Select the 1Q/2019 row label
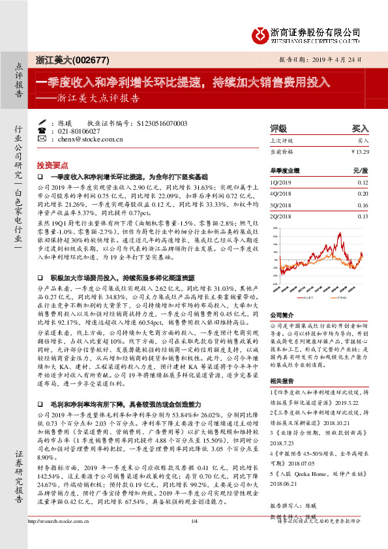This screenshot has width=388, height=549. pyautogui.click(x=281, y=183)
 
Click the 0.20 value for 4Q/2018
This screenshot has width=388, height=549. pyautogui.click(x=363, y=194)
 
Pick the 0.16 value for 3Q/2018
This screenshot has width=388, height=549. pyautogui.click(x=363, y=205)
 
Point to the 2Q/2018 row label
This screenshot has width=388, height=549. pyautogui.click(x=281, y=216)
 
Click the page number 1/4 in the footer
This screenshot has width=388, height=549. pyautogui.click(x=194, y=539)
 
